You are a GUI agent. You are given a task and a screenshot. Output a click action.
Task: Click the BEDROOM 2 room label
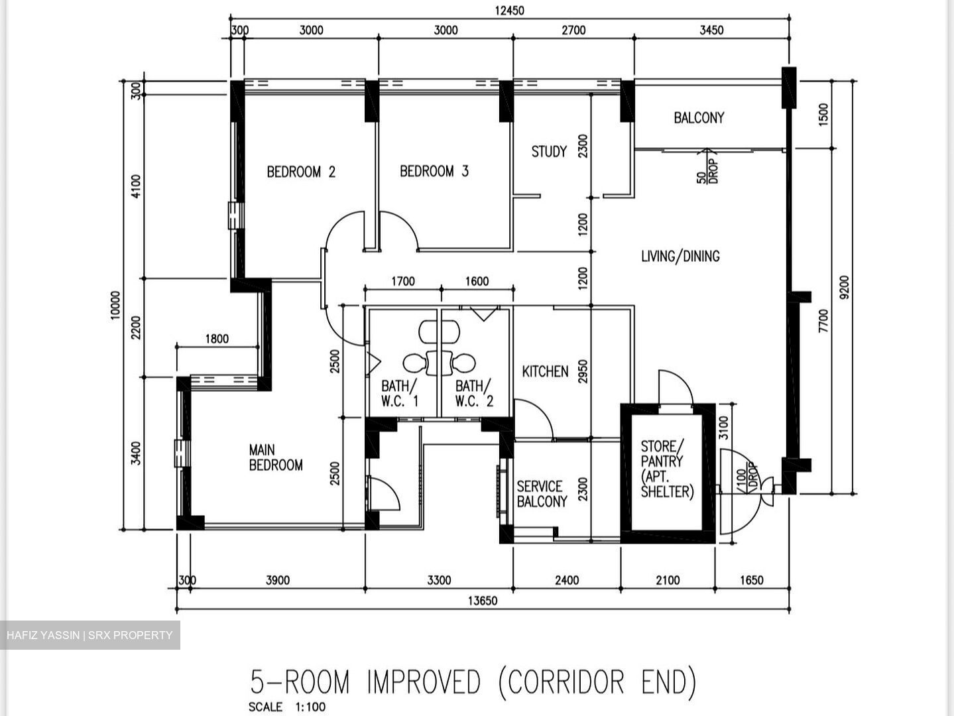click(301, 172)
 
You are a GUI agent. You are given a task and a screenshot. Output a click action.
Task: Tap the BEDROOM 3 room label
click(434, 171)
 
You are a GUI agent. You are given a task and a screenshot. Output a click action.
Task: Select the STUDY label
click(549, 151)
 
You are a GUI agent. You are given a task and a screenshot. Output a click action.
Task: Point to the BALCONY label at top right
click(699, 117)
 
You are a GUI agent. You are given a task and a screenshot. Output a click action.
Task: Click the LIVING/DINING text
click(680, 256)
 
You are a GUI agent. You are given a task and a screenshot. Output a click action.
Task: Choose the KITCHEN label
click(545, 371)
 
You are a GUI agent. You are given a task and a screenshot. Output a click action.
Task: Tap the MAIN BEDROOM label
click(276, 457)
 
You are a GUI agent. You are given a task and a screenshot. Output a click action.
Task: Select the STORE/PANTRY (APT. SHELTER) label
click(667, 469)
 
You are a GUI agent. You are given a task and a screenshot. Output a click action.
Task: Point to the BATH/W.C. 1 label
click(400, 393)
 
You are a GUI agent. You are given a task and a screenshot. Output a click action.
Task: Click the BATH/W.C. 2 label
click(474, 393)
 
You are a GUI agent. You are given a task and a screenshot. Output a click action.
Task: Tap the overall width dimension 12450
click(509, 10)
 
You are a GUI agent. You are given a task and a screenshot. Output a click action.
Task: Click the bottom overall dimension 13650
click(483, 601)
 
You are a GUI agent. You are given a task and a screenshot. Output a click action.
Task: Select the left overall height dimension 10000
click(116, 305)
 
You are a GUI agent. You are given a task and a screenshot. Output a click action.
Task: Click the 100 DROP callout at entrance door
click(746, 482)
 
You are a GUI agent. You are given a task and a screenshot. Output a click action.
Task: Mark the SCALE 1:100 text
click(287, 707)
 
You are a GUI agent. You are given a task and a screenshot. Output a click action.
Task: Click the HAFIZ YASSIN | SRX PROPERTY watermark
click(89, 635)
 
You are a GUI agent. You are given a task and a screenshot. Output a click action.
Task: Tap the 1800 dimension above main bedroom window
click(217, 339)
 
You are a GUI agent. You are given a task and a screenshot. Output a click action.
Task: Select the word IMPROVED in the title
click(424, 682)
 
